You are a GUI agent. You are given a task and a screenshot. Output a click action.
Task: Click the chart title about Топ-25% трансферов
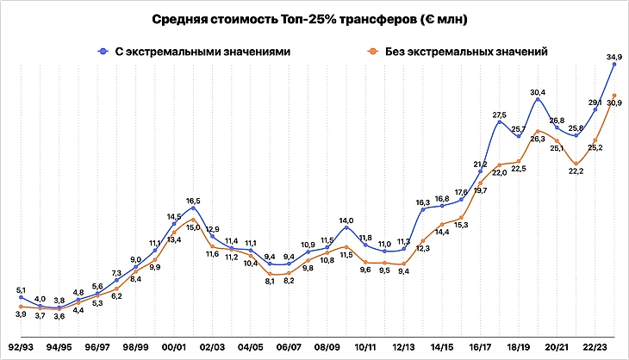coord(314,18)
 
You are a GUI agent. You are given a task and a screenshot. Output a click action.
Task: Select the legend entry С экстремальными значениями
coord(194,52)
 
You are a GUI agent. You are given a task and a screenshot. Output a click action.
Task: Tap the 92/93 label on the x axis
coord(22,346)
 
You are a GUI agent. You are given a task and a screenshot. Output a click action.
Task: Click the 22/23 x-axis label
coord(595,346)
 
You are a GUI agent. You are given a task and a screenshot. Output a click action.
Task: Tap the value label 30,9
coord(614,103)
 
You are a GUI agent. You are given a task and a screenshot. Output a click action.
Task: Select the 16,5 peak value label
coord(193,200)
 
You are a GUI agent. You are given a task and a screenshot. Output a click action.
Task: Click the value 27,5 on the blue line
coord(499,114)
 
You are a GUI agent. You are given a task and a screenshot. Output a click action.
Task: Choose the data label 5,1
coord(21,289)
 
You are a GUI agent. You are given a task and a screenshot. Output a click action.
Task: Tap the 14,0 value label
coord(346,220)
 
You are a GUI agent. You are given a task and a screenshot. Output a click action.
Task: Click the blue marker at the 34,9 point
coord(614,64)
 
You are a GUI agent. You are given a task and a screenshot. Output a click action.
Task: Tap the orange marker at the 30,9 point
coord(614,95)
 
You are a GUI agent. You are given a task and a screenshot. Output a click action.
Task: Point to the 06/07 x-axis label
coord(289,346)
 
